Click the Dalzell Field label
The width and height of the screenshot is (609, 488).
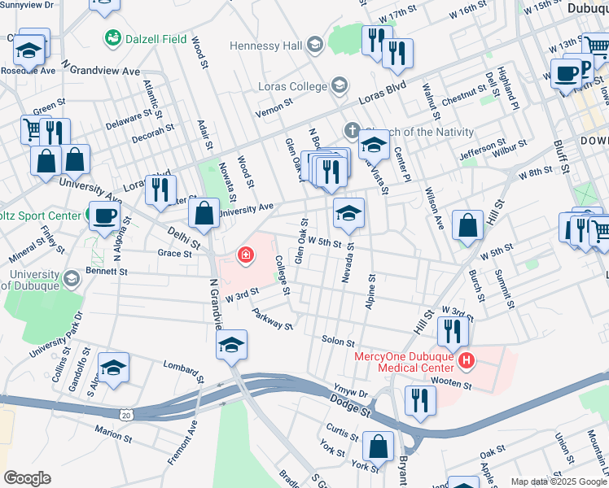click(155, 38)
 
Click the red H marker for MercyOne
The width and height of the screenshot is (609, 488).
click(466, 359)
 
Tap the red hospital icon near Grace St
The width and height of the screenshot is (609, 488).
click(244, 256)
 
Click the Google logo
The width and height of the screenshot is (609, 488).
click(27, 477)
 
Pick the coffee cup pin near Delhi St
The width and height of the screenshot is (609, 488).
click(103, 217)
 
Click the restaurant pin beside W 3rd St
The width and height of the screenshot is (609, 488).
click(452, 330)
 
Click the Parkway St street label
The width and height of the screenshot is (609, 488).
click(272, 320)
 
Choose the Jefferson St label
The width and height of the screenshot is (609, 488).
click(466, 151)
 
